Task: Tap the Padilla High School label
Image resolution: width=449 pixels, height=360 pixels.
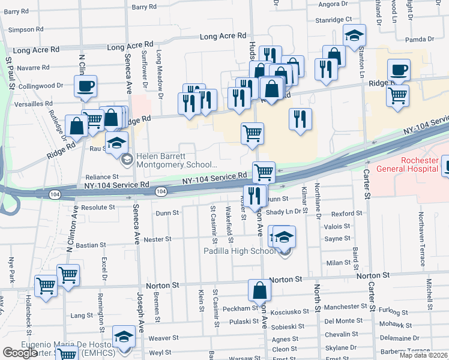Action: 240,251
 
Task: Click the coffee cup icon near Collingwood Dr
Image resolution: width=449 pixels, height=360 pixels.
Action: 85,86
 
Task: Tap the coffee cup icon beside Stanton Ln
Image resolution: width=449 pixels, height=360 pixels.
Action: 399,70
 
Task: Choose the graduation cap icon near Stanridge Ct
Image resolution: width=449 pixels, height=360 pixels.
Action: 354,36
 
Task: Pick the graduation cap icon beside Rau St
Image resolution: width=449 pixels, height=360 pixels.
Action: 117,142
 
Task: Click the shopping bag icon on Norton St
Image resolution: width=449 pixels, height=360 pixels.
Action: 259,291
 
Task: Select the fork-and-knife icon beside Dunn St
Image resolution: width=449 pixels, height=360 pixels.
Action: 255,194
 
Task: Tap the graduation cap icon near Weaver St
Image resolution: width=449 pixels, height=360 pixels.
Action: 124,337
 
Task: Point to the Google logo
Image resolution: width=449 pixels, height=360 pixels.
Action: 20,353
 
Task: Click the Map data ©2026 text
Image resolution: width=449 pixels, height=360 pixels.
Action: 424,355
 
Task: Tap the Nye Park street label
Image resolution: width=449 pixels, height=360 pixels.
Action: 11,271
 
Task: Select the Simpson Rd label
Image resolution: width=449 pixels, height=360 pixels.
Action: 26,29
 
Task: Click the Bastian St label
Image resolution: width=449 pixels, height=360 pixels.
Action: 91,245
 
